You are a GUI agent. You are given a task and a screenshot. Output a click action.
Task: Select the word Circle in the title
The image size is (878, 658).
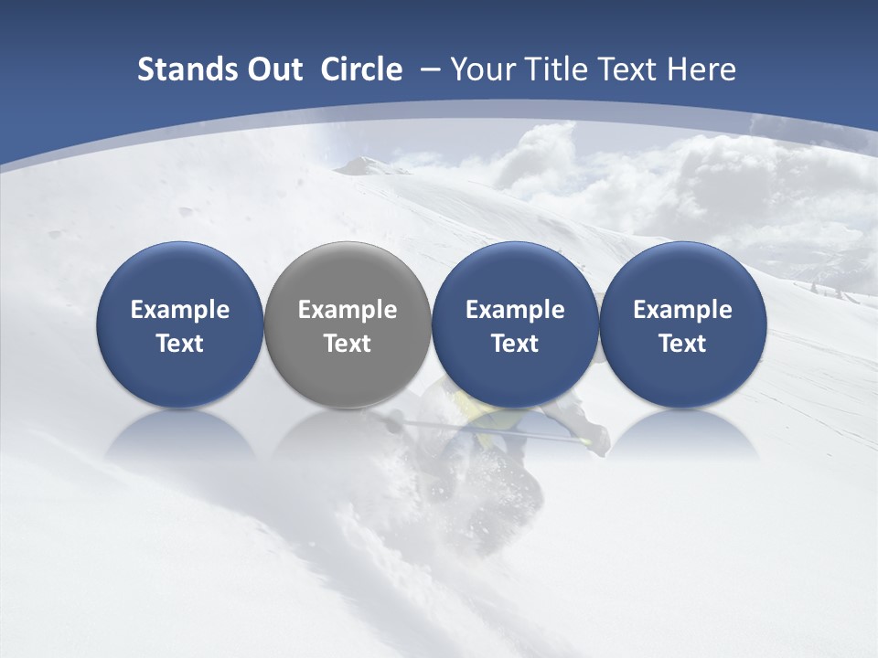361,69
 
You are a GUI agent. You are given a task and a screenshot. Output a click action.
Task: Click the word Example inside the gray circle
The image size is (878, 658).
348,310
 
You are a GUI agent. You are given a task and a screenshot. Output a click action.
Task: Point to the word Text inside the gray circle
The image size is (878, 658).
348,344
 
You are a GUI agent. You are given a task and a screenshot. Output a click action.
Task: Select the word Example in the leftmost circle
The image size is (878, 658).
179,310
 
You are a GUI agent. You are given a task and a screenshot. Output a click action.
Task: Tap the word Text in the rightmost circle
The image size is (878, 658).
682,344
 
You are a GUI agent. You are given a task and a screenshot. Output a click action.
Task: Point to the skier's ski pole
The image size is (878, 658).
494,429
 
